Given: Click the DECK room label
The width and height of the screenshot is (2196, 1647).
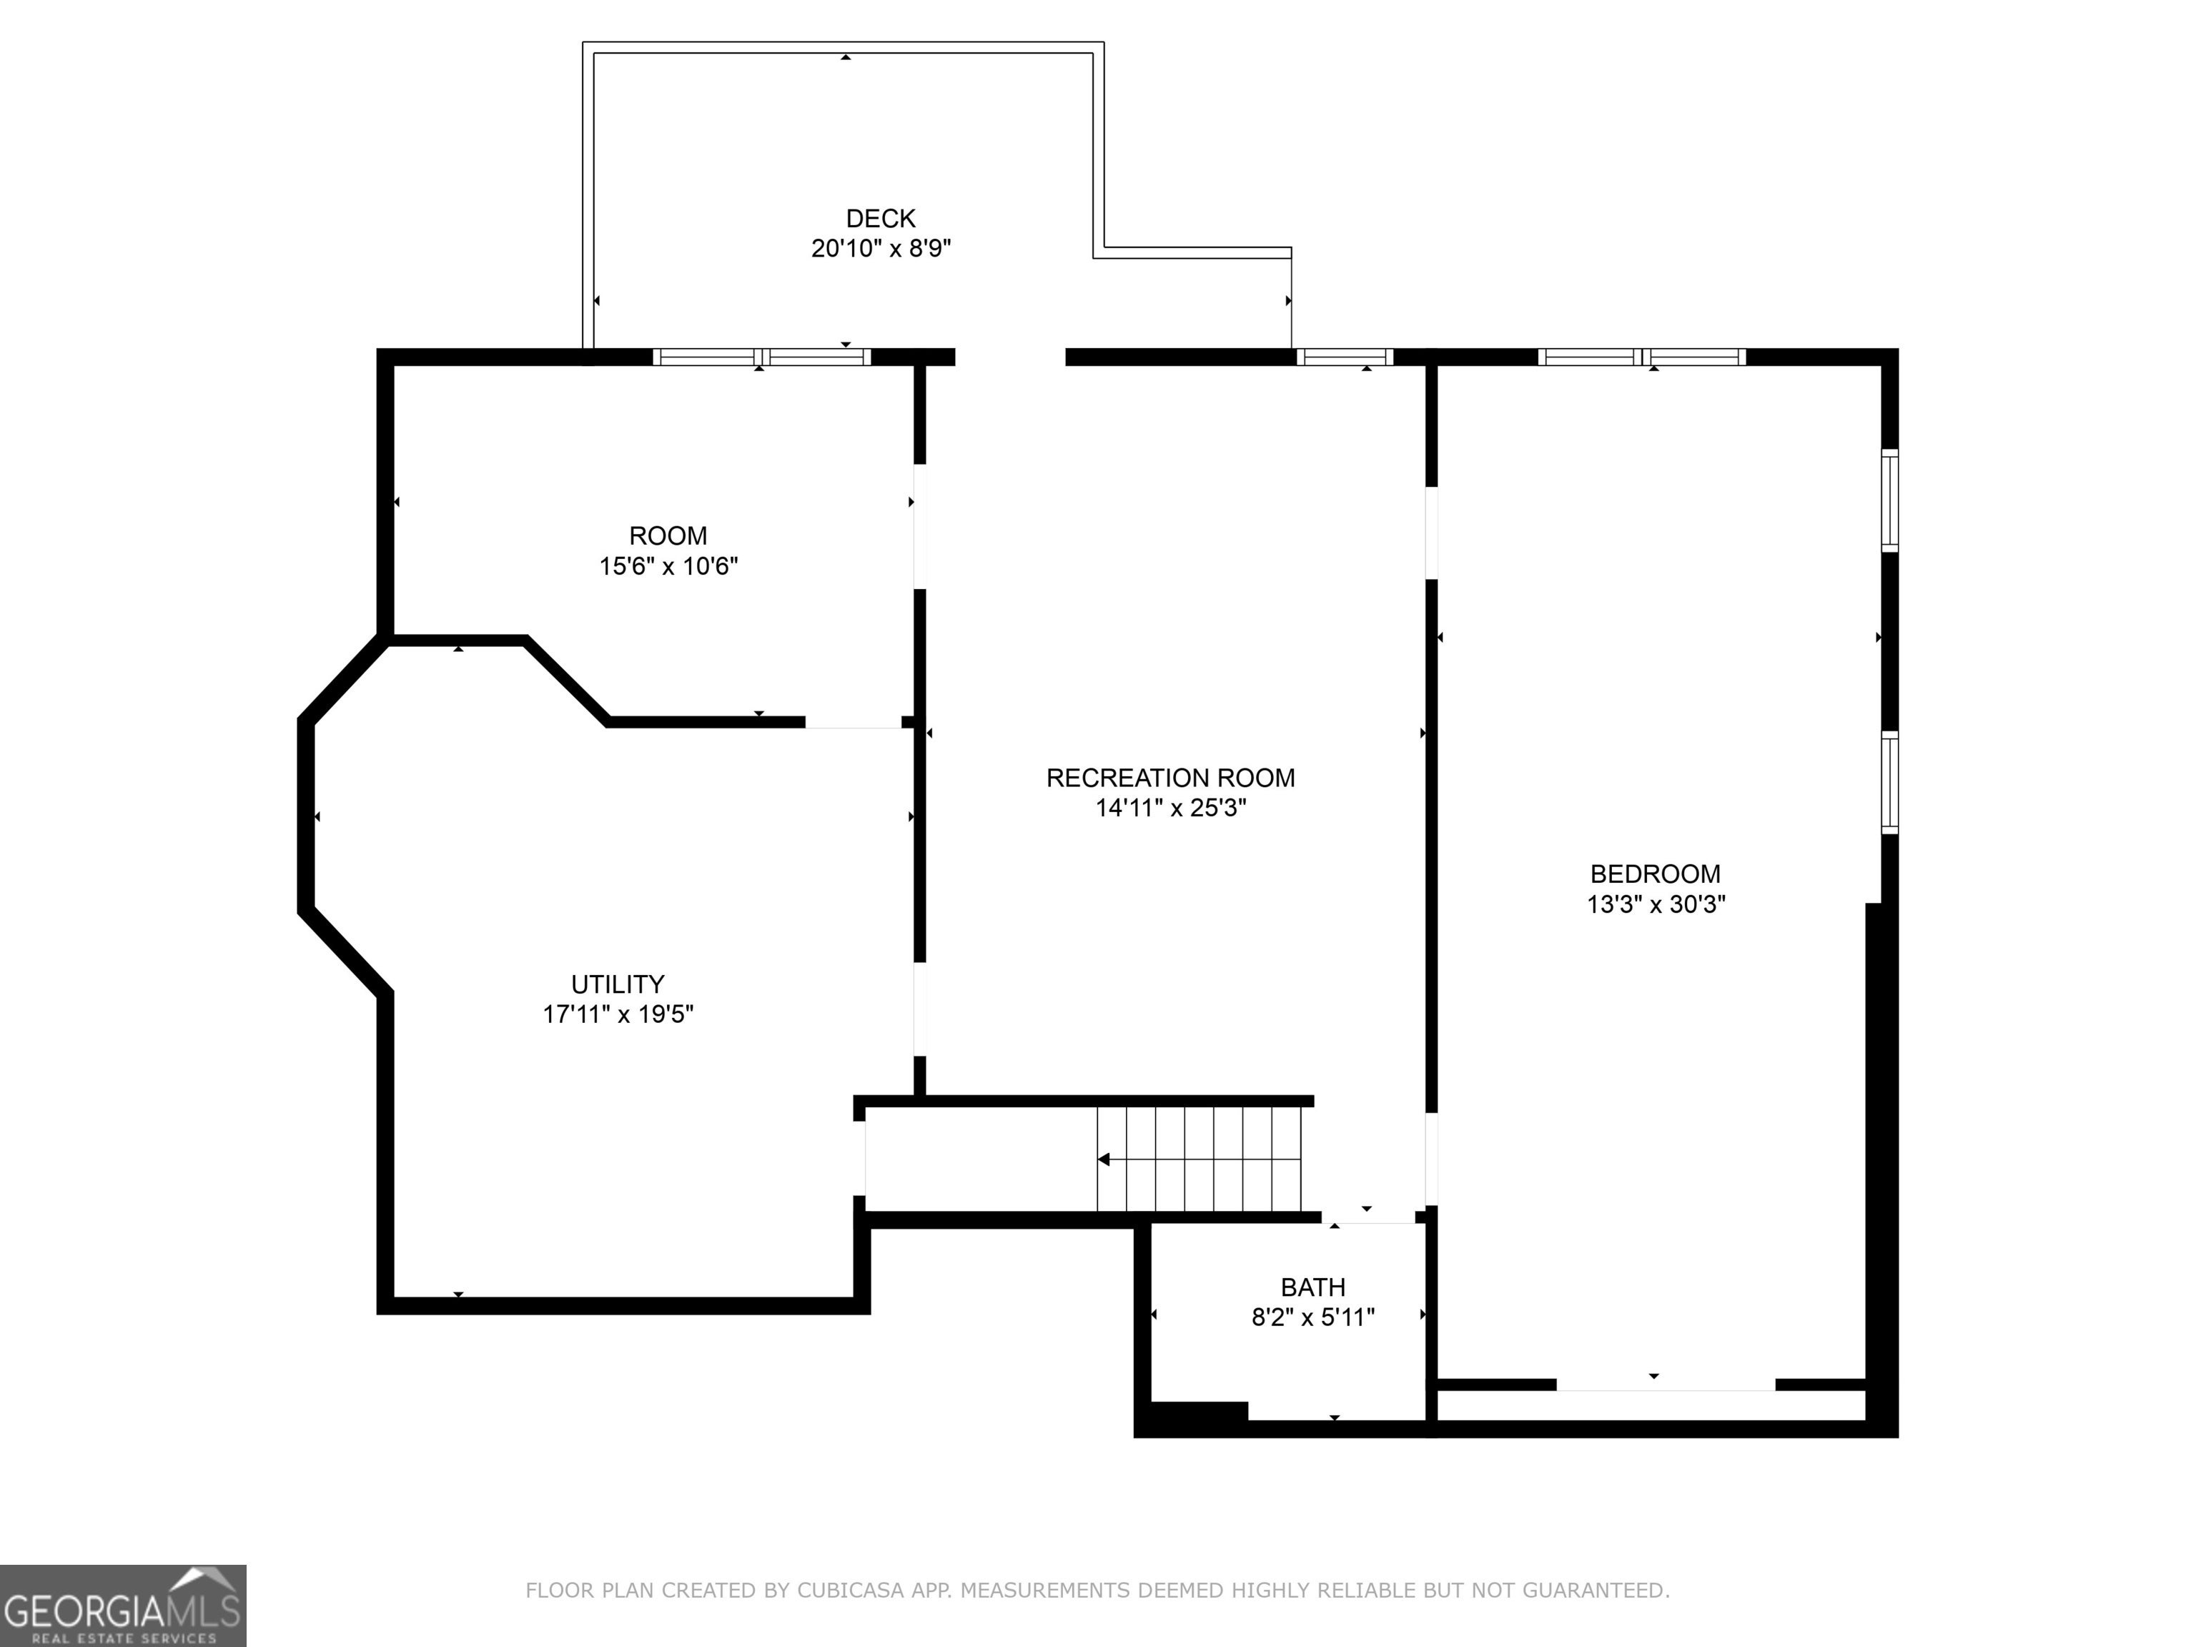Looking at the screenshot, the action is click(881, 219).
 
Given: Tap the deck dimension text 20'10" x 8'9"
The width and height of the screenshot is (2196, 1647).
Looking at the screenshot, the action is click(881, 248).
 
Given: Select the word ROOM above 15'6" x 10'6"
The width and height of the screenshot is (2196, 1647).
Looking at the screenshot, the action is click(668, 536).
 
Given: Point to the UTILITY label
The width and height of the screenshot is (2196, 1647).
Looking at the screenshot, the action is click(618, 984).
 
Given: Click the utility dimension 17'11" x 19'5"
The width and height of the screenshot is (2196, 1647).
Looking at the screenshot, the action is click(618, 1014).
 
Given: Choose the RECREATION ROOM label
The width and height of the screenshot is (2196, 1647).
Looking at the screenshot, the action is click(1170, 778).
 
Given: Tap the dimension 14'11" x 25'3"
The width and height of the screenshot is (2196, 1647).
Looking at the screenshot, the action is click(1170, 808).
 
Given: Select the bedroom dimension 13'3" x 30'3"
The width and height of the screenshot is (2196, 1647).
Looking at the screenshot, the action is click(1655, 904).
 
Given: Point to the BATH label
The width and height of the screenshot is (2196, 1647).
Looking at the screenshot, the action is click(1312, 1287).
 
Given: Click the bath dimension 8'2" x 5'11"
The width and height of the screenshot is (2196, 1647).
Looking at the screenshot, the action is click(1312, 1317).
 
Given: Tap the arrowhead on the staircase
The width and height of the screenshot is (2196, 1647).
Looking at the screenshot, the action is click(1103, 1159).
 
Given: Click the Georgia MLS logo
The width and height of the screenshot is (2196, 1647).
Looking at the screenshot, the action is click(123, 1606).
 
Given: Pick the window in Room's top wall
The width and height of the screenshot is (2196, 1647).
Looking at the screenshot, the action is click(761, 357).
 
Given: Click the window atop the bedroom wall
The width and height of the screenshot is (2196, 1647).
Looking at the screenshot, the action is click(1642, 357).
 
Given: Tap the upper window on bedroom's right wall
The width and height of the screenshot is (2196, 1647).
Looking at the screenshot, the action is click(1890, 500).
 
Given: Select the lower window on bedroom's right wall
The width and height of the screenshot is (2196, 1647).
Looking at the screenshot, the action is click(1890, 782).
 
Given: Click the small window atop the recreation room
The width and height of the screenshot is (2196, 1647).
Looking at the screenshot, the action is click(1345, 357).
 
